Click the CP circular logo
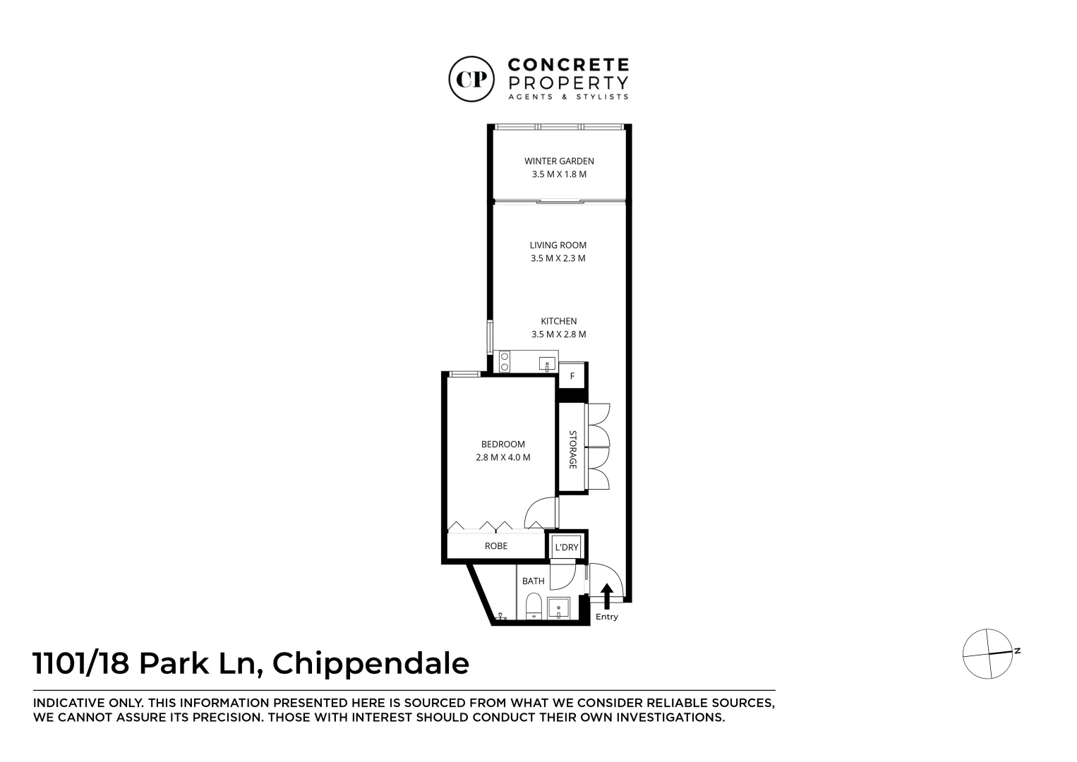click(x=471, y=79)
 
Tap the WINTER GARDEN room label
click(x=559, y=161)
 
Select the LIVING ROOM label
click(x=558, y=246)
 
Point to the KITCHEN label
click(x=559, y=321)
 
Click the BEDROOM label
click(x=503, y=445)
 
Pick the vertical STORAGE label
click(x=572, y=449)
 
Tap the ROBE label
click(x=495, y=546)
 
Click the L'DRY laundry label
click(x=567, y=547)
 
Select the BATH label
click(x=534, y=581)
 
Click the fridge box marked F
click(x=572, y=376)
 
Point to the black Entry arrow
click(x=607, y=596)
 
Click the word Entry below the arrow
click(x=607, y=617)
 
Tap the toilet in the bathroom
click(x=534, y=607)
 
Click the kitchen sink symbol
click(x=547, y=364)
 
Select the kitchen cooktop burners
click(x=505, y=361)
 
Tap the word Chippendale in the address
click(x=371, y=664)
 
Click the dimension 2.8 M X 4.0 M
click(x=503, y=458)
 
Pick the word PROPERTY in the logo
click(x=568, y=83)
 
